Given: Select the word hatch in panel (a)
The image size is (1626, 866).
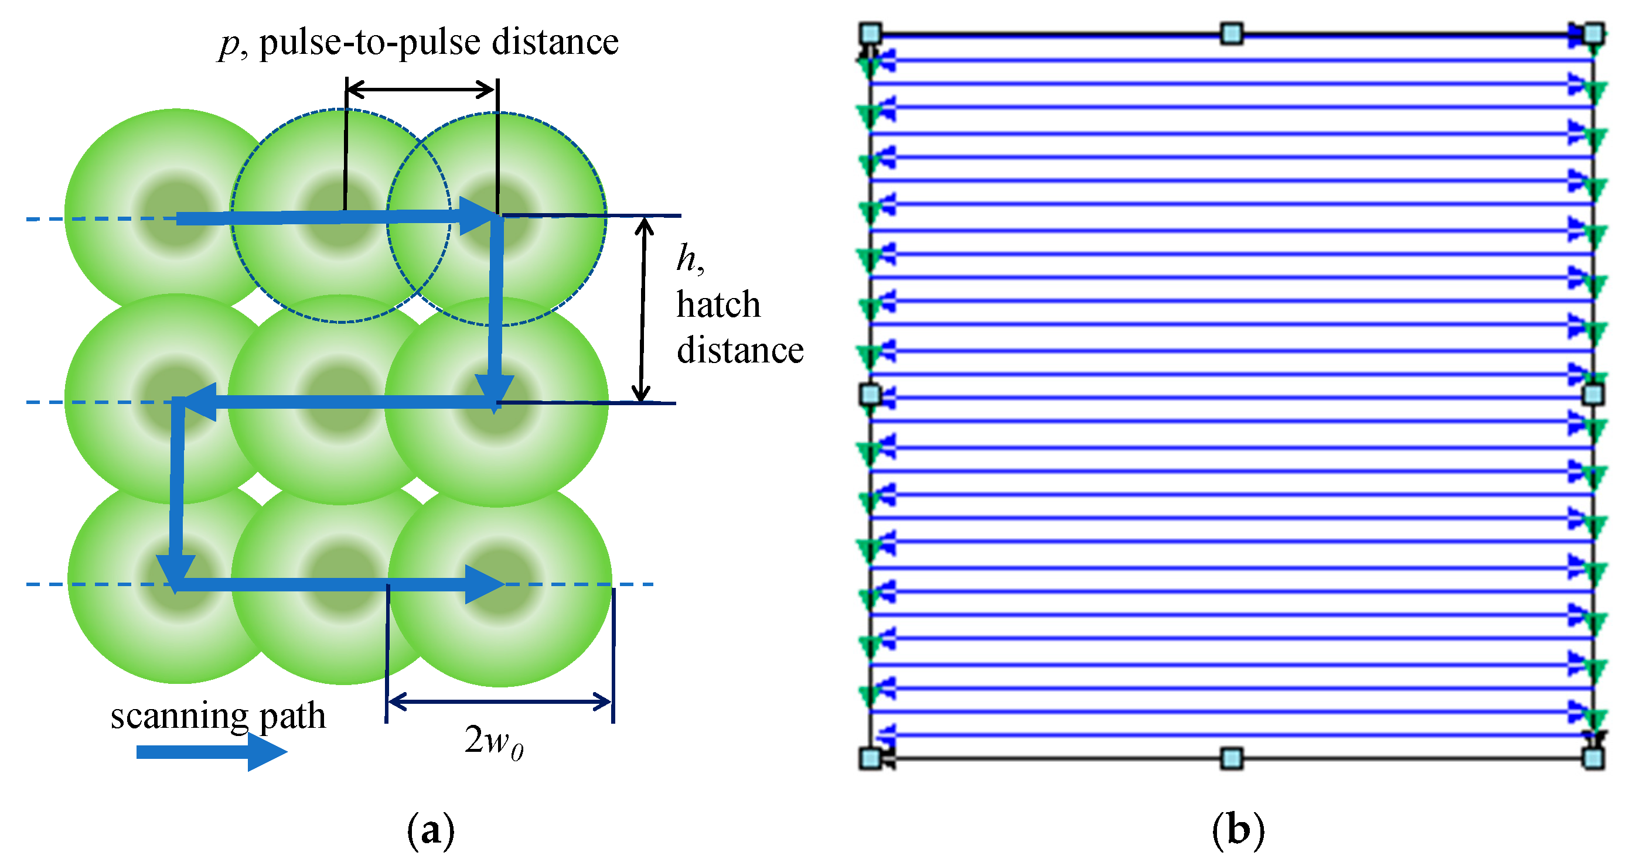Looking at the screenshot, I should pos(718,304).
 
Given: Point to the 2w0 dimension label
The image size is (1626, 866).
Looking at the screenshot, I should pos(493,741).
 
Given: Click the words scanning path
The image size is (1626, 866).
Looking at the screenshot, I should pos(219,717).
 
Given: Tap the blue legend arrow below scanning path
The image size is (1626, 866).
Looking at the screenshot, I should pos(212,752).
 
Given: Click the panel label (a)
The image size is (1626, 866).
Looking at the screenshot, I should pos(431,831).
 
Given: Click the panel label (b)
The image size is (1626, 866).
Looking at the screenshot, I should pos(1238,831).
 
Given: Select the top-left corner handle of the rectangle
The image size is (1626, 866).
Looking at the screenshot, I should pos(871,33).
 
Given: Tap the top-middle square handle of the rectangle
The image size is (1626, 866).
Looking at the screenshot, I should pos(1232,33).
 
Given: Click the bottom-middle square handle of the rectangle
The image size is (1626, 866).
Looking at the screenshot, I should pos(1232,758).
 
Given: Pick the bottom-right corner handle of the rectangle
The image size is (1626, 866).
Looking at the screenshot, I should pos(1593,758).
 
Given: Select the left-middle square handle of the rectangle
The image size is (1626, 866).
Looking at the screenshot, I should pos(871,394).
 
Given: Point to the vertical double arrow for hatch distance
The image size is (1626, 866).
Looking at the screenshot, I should pos(643,309).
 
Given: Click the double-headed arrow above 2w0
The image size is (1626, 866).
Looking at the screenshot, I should pos(499,701).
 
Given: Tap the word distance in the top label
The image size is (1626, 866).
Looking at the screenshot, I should pos(555,43).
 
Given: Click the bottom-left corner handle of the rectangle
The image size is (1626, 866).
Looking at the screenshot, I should pos(871,758).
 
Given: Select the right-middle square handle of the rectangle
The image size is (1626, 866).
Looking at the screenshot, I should pos(1593,394).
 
